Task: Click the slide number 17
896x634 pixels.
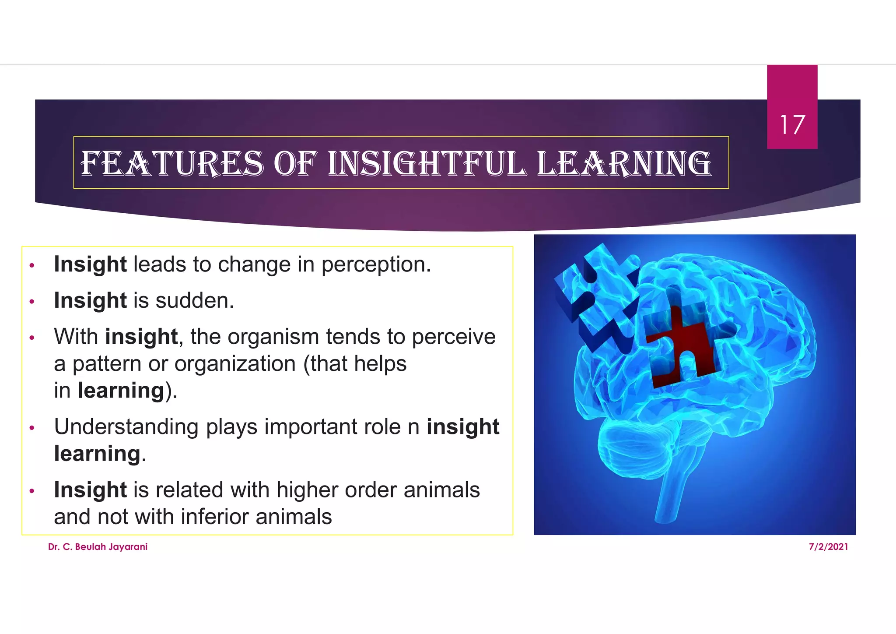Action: [x=792, y=125]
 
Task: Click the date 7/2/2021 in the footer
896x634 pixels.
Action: [x=828, y=546]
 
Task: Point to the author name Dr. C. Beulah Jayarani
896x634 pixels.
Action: [x=98, y=546]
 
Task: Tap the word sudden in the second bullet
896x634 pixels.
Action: [x=194, y=301]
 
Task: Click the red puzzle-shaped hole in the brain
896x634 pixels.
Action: [x=682, y=346]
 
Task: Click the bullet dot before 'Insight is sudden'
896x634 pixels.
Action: [x=31, y=302]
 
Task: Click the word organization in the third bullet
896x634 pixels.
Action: [x=235, y=364]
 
